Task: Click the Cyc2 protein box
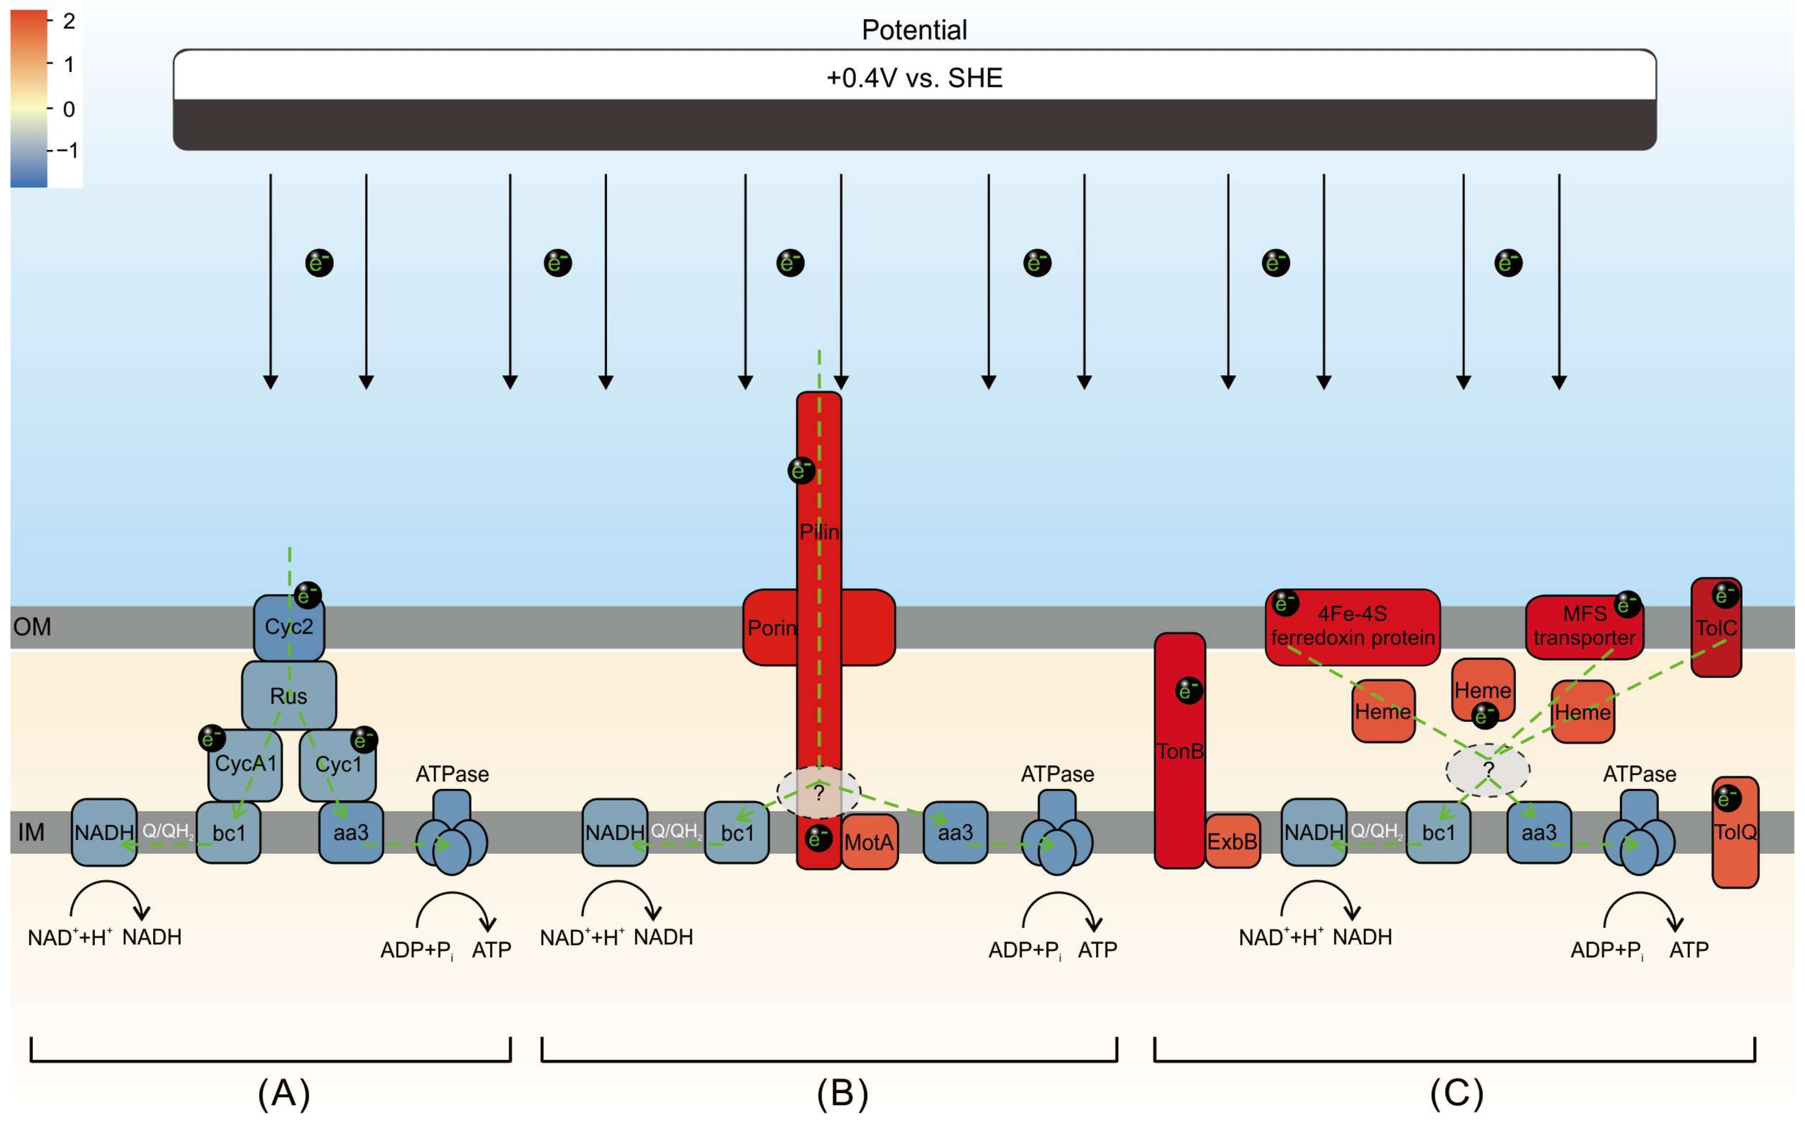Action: [288, 627]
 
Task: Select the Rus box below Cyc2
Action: [288, 695]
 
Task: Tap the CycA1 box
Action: [244, 764]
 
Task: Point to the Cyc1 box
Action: [337, 764]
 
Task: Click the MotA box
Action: [870, 841]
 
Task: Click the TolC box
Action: [1716, 627]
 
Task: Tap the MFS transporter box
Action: [1584, 627]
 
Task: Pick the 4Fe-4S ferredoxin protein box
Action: [1353, 627]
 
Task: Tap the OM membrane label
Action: [32, 627]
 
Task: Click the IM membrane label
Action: [31, 833]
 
